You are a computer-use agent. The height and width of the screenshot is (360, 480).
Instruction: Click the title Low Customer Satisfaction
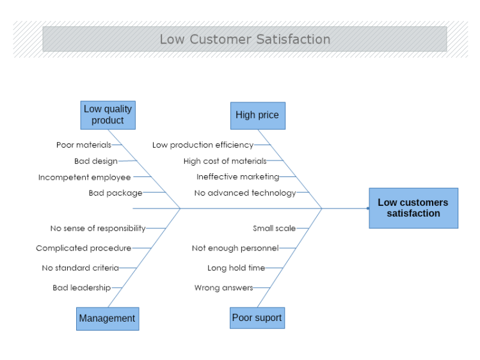pos(244,39)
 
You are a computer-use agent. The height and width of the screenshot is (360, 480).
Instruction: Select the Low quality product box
pos(108,115)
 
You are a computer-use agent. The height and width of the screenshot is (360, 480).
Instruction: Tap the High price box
pos(257,115)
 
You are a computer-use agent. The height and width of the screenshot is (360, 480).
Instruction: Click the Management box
pos(107,318)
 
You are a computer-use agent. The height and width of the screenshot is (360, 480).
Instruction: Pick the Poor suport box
pos(257,318)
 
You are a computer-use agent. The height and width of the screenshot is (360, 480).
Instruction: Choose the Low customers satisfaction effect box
pos(413,208)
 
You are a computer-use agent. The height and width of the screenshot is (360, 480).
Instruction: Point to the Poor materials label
pos(84,145)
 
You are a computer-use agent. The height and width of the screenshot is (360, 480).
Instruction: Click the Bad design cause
pos(96,161)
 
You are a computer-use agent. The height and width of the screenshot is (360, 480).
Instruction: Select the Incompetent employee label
pos(84,177)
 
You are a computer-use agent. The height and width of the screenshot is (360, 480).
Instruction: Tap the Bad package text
pos(116,192)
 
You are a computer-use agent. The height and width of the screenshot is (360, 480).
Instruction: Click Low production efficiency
pos(203,145)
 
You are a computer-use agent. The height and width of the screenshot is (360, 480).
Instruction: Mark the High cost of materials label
pos(225,161)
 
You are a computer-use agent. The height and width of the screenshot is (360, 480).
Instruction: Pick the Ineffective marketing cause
pos(238,176)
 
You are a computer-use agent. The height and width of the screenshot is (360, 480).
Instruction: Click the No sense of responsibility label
pos(98,228)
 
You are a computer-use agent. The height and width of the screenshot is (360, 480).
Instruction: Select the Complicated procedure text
pos(84,248)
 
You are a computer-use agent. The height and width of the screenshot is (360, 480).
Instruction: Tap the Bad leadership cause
pos(82,288)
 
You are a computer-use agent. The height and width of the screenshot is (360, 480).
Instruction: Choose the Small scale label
pos(274,228)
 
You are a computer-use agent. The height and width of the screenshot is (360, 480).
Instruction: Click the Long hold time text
pos(236,268)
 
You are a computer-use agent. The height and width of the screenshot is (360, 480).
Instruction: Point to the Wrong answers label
pos(224,288)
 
